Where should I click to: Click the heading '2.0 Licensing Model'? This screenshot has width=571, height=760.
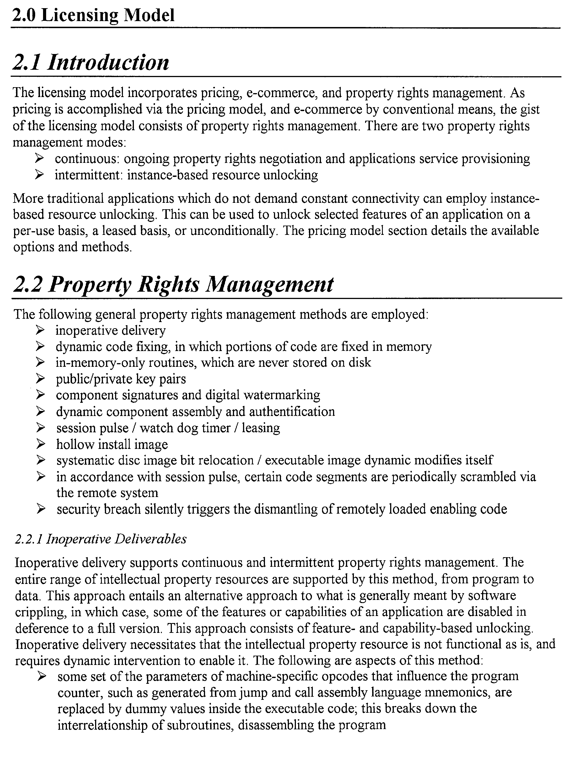[x=93, y=16]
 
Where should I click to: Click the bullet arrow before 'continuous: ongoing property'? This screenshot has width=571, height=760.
[x=39, y=158]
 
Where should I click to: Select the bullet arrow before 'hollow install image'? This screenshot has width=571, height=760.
[x=40, y=444]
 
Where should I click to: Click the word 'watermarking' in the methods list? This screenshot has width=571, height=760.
[x=282, y=395]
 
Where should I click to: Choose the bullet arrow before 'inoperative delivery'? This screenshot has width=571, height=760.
[x=40, y=330]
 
